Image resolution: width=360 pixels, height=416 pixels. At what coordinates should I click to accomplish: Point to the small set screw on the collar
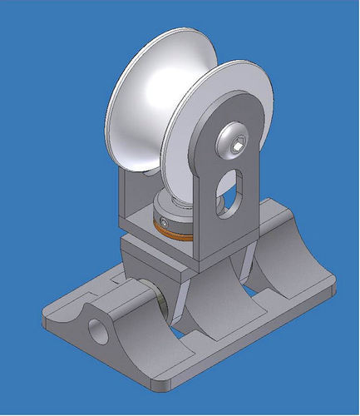point(167,222)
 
